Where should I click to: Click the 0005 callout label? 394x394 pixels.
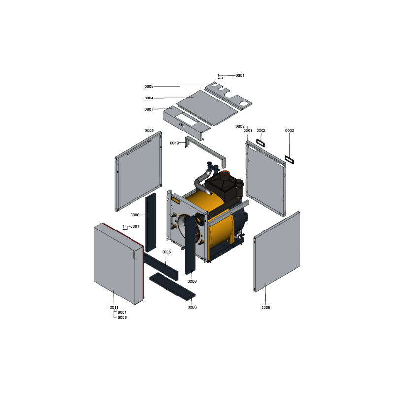pos(149,87)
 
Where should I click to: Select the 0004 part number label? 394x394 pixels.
pos(149,98)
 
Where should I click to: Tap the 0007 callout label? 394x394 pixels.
pos(149,109)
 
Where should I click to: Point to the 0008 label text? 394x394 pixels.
pos(149,131)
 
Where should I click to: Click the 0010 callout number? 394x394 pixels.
pos(175,143)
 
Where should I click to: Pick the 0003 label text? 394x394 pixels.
pos(248,131)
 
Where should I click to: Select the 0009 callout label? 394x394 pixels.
pos(266,307)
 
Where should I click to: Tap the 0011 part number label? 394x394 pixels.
pos(114,307)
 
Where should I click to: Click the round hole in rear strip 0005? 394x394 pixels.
pos(243,103)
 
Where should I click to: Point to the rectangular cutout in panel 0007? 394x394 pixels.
pos(186,119)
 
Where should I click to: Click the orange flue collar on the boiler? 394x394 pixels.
pos(225,173)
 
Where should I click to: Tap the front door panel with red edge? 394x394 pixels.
pos(119,263)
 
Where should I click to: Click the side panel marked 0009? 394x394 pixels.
pos(277,252)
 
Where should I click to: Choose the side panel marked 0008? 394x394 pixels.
pos(138,171)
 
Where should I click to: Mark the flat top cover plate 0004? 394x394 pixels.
pos(207,107)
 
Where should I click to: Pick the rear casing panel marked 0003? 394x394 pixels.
pos(265,178)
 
